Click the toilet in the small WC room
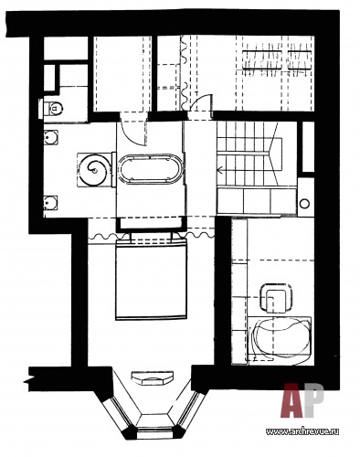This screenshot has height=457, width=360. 52,108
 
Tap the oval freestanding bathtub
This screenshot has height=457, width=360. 151,169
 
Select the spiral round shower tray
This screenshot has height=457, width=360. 94,169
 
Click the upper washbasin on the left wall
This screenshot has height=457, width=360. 50,138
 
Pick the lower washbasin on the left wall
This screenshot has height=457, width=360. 50,202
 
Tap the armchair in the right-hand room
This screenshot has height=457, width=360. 276,298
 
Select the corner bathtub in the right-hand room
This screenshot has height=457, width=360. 280,340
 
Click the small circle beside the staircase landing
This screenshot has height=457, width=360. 304,203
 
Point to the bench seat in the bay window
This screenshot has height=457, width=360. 153,377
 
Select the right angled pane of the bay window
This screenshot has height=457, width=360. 188,410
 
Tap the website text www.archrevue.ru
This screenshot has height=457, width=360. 302,431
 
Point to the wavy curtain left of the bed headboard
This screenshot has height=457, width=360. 109,236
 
